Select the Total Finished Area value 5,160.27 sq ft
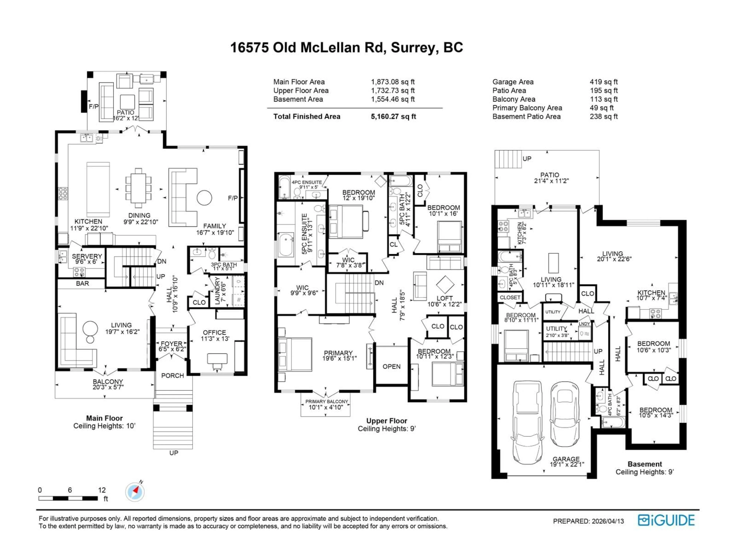pyautogui.click(x=393, y=117)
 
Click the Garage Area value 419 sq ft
pyautogui.click(x=604, y=82)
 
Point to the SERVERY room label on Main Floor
pyautogui.click(x=87, y=256)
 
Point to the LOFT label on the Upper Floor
pyautogui.click(x=444, y=298)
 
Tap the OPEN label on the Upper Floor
pyautogui.click(x=391, y=366)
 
